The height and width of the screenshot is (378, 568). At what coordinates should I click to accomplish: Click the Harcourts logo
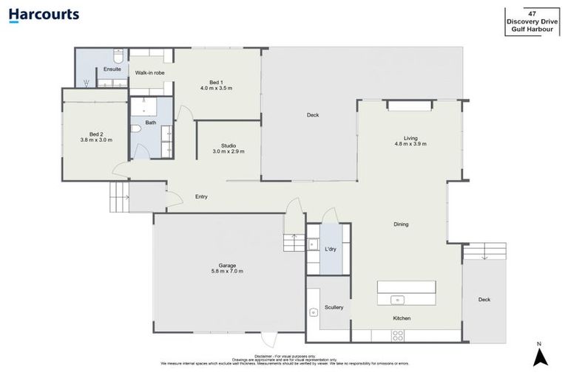point(44,15)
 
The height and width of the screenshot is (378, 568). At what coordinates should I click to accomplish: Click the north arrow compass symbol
point(539,357)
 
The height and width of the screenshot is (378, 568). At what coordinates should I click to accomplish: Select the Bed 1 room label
point(216,81)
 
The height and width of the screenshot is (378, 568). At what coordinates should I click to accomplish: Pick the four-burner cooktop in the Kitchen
point(398,334)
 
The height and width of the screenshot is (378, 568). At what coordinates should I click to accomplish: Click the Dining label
point(401,224)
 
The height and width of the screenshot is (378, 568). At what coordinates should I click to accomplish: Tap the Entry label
point(201,196)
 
